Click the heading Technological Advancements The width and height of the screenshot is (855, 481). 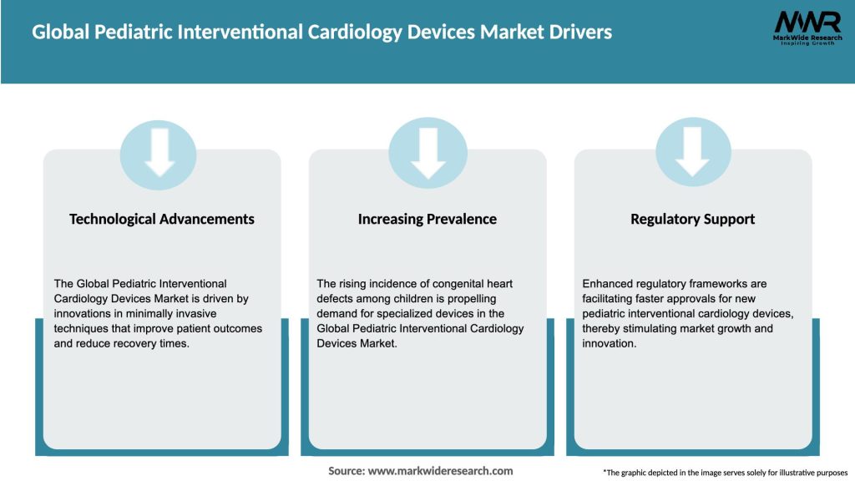(x=162, y=219)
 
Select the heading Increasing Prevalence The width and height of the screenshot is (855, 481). (x=427, y=219)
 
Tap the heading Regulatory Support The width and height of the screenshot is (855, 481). (x=693, y=219)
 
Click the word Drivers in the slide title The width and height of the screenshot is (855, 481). (x=582, y=33)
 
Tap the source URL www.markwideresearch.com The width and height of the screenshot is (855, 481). (x=440, y=471)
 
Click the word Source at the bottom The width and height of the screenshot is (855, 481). (x=346, y=471)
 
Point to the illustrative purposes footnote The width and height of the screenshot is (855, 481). (x=725, y=473)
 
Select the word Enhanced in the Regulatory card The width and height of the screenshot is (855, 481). (x=607, y=284)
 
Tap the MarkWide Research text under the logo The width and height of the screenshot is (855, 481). (x=807, y=39)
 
